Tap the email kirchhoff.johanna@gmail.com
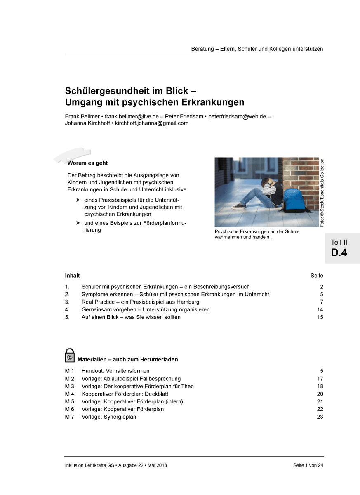[x=151, y=123]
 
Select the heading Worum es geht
[x=87, y=163]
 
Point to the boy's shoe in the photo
[x=238, y=206]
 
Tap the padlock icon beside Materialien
[x=70, y=356]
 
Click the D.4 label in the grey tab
[x=339, y=252]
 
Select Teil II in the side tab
[x=339, y=242]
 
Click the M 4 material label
[x=69, y=394]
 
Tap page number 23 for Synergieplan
[x=320, y=417]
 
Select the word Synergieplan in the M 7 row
[x=120, y=417]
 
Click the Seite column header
[x=317, y=276]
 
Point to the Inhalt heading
[x=72, y=276]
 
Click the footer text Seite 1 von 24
[x=308, y=465]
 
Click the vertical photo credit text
[x=322, y=192]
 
